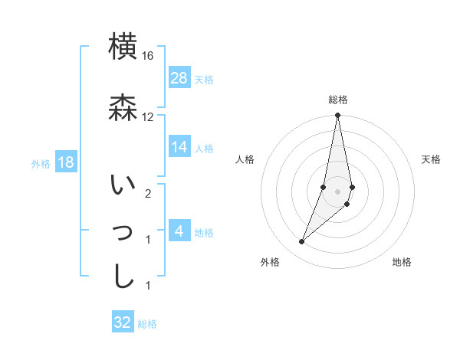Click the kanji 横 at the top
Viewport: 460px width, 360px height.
click(x=123, y=47)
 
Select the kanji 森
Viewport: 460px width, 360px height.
click(x=123, y=108)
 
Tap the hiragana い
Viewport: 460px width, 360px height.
click(x=123, y=186)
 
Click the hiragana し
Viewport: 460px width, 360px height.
click(x=123, y=276)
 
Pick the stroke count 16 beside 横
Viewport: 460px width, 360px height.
click(x=148, y=57)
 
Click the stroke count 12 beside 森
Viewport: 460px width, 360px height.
click(x=148, y=117)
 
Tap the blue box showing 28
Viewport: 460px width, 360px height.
click(x=179, y=78)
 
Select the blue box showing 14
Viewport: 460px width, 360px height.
click(x=179, y=147)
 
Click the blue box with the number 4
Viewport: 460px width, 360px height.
click(x=179, y=231)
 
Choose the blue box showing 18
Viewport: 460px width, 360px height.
click(x=65, y=163)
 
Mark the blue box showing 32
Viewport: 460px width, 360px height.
click(x=123, y=322)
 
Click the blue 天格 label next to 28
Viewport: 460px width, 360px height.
click(x=204, y=80)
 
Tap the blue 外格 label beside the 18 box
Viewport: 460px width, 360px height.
click(x=41, y=164)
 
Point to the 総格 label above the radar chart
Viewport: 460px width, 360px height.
click(x=338, y=100)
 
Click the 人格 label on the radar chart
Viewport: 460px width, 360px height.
click(x=245, y=159)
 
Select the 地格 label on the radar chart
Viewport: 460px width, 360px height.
click(x=402, y=262)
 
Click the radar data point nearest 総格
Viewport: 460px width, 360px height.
click(x=337, y=116)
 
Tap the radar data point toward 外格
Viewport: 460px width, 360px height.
click(x=302, y=242)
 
